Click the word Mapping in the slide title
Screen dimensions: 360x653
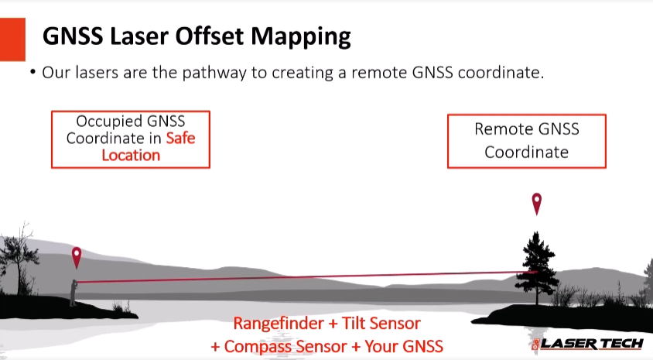coord(301,36)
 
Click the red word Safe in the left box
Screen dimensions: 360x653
coord(180,139)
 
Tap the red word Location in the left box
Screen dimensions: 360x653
coord(131,155)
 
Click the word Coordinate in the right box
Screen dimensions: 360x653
coord(526,152)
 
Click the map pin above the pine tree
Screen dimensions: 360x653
coord(536,204)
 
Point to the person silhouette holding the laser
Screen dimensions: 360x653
coord(74,290)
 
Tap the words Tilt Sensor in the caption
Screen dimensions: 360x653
coord(382,323)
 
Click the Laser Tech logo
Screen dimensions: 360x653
coord(587,343)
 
